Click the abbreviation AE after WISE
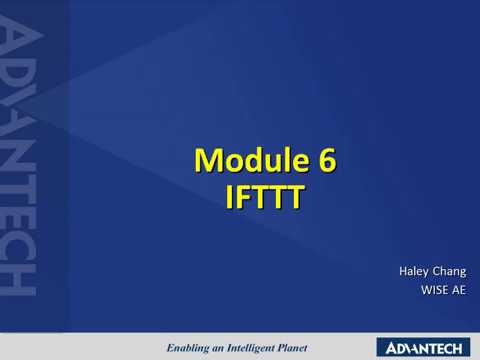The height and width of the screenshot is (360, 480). (458, 292)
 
